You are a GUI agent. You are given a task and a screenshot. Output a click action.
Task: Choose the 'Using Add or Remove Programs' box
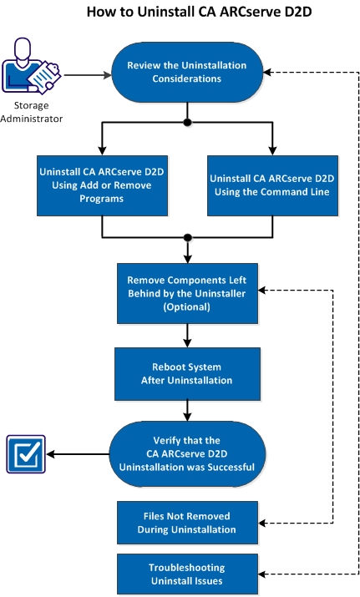(101, 185)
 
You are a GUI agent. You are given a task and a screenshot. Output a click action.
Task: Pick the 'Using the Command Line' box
(272, 185)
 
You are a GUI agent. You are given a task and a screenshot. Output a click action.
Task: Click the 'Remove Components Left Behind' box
(187, 291)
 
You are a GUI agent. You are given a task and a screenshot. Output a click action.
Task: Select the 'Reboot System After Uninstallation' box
(187, 373)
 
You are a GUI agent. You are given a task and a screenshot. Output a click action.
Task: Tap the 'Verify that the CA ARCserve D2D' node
(187, 454)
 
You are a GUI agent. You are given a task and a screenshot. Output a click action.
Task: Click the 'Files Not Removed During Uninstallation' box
(187, 523)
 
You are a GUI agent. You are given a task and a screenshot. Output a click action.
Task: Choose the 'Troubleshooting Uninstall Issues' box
(187, 572)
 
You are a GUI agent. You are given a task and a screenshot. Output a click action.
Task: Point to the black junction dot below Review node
(187, 123)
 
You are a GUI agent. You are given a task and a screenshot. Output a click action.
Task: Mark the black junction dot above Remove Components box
(187, 237)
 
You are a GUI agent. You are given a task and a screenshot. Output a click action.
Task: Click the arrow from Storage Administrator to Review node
(87, 76)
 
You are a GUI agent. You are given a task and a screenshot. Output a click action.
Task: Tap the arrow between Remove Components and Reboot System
(187, 336)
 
